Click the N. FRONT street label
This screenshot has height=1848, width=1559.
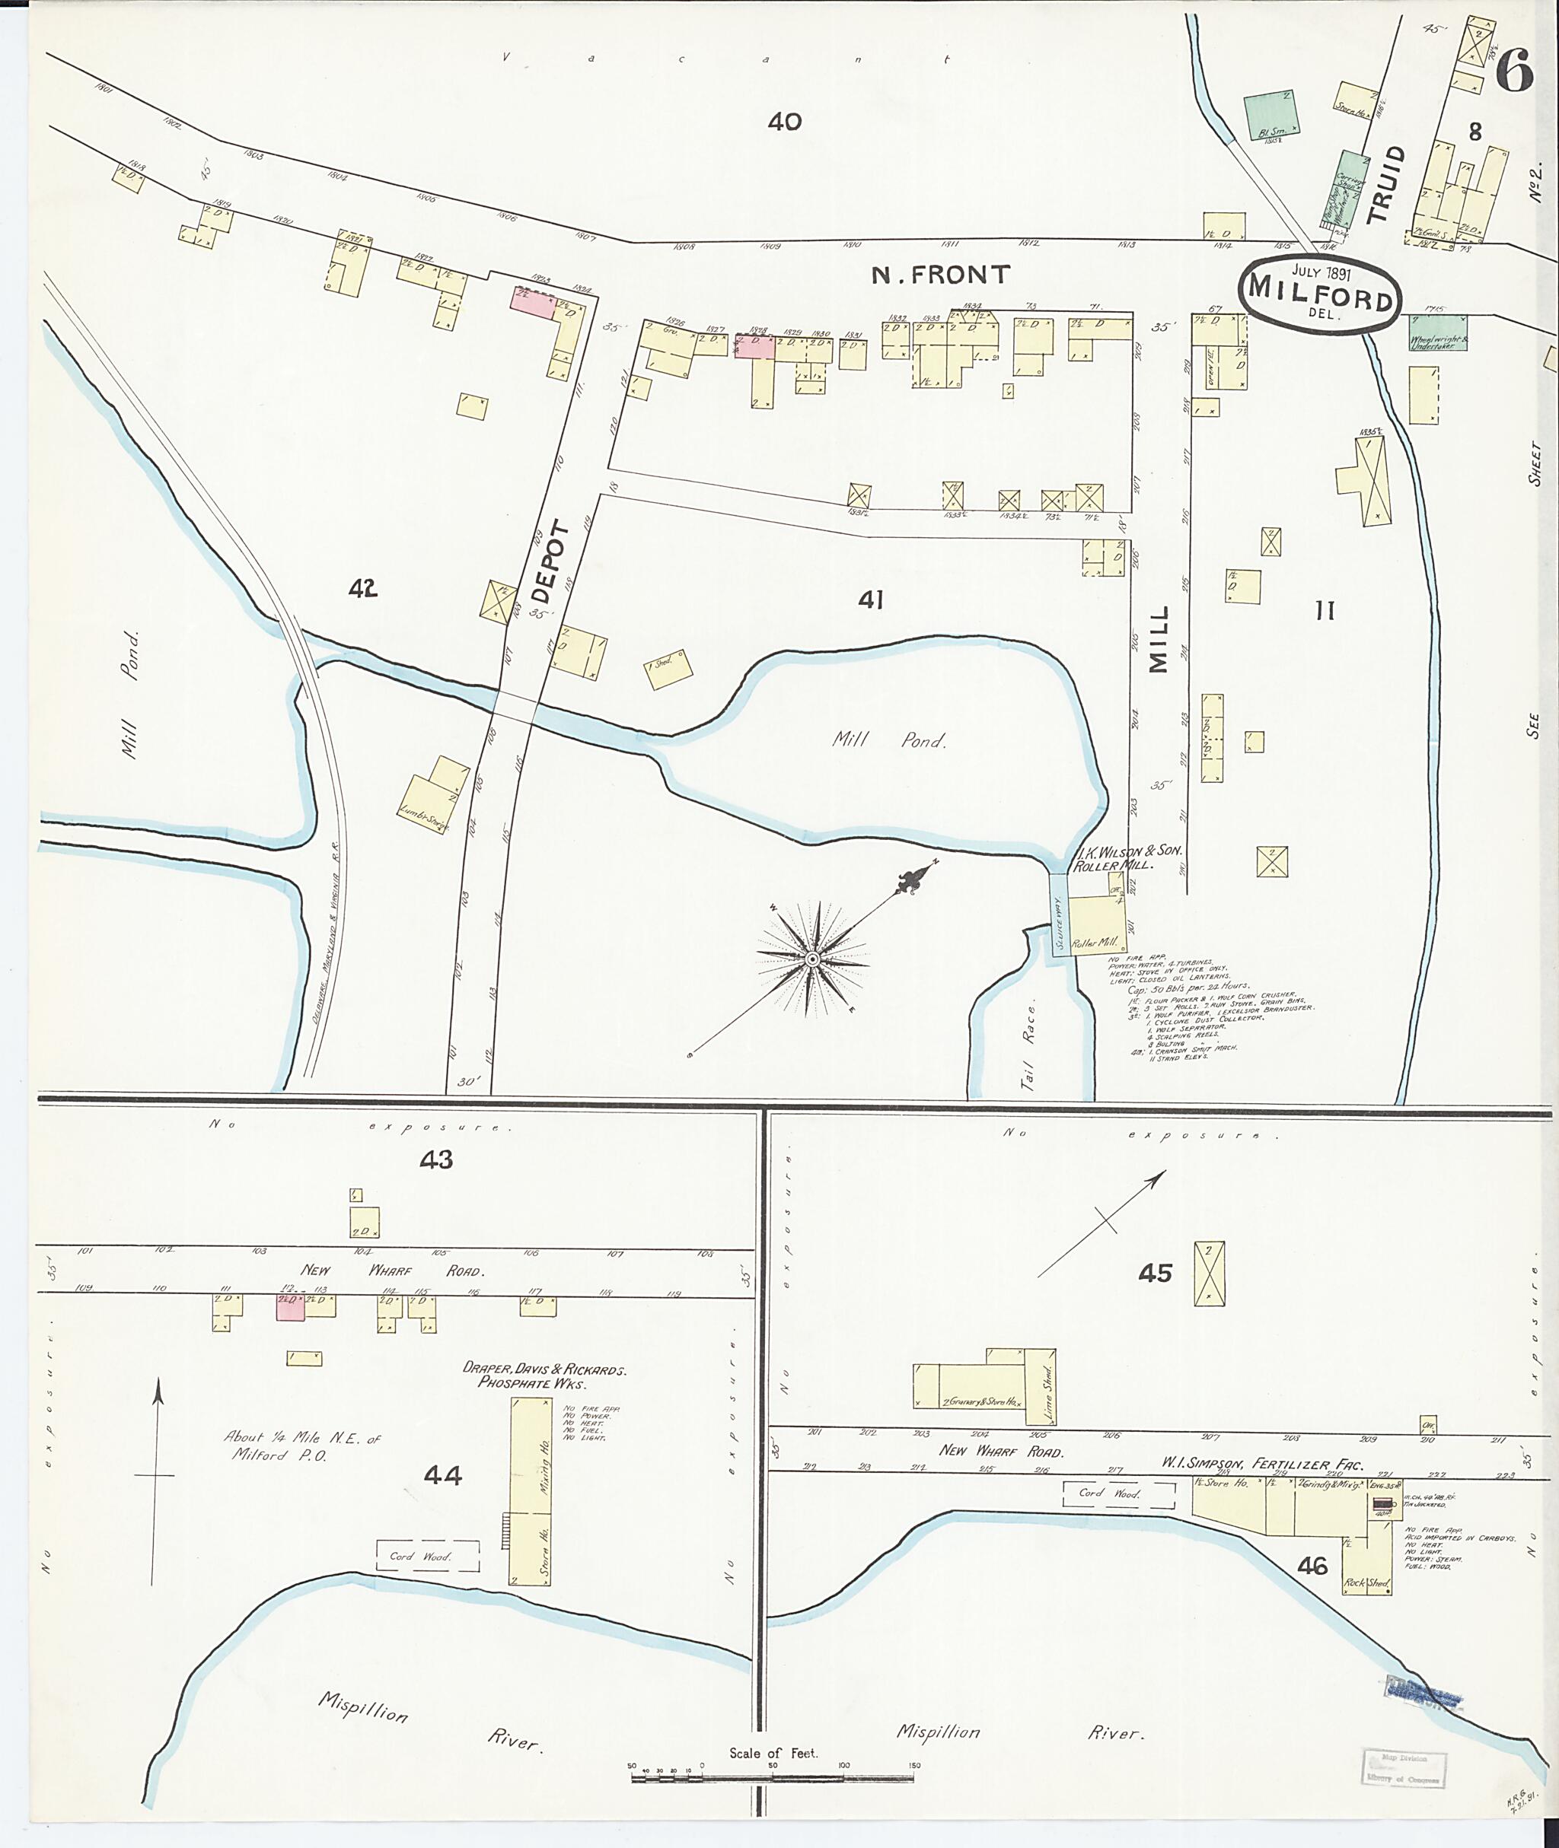click(940, 275)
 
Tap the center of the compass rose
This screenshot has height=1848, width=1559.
click(811, 959)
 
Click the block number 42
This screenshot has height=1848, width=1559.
click(362, 588)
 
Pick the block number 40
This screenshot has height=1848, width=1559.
click(784, 122)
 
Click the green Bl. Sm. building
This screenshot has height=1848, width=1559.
click(1273, 115)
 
